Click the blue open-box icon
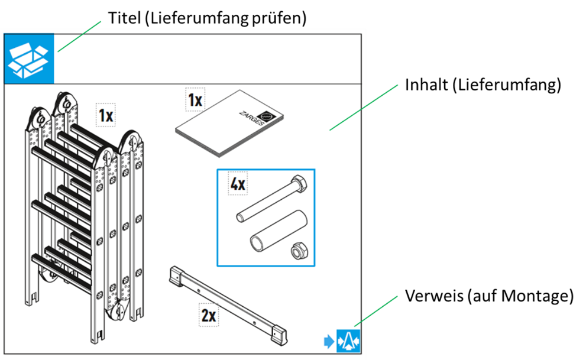pyautogui.click(x=29, y=59)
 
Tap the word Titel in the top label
pyautogui.click(x=124, y=18)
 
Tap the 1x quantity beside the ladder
pyautogui.click(x=106, y=115)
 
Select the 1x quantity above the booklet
pyautogui.click(x=195, y=100)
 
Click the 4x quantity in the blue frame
pyautogui.click(x=238, y=184)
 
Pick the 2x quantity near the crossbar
pyautogui.click(x=209, y=316)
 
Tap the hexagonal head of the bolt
pyautogui.click(x=299, y=183)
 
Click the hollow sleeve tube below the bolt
pyautogui.click(x=279, y=231)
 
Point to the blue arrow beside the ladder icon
pyautogui.click(x=329, y=341)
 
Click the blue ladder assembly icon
pyautogui.click(x=348, y=341)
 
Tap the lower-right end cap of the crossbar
pyautogui.click(x=280, y=335)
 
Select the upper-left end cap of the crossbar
pyautogui.click(x=176, y=276)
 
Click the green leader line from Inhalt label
pyautogui.click(x=364, y=108)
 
